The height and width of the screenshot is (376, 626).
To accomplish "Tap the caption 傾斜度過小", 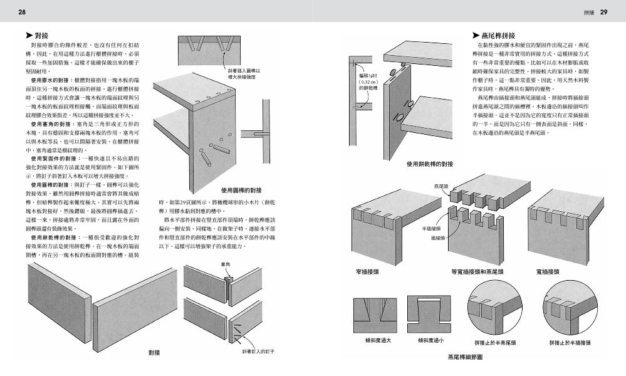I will coord(430,341).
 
